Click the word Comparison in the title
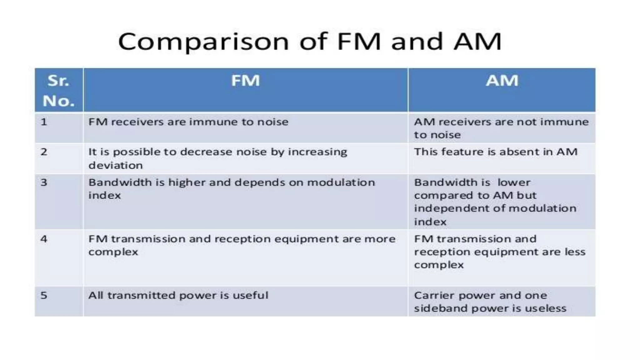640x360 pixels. [x=203, y=42]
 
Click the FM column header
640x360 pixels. [x=245, y=81]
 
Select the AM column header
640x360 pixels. [x=502, y=81]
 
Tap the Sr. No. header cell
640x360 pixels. [x=59, y=91]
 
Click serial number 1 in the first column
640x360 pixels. [x=44, y=122]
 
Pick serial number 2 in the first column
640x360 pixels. [x=44, y=152]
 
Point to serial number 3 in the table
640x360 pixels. [x=44, y=182]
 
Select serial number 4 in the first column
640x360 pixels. [x=44, y=239]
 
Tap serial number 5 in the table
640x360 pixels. [x=44, y=295]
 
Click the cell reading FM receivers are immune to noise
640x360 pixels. [x=188, y=122]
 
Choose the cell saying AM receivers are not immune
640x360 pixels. [x=501, y=128]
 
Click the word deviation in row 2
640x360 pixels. [x=116, y=165]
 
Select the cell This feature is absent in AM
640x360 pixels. [x=496, y=152]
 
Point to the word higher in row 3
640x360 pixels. [x=186, y=182]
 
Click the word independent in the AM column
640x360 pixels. [x=444, y=208]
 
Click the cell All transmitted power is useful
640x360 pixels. [x=178, y=295]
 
